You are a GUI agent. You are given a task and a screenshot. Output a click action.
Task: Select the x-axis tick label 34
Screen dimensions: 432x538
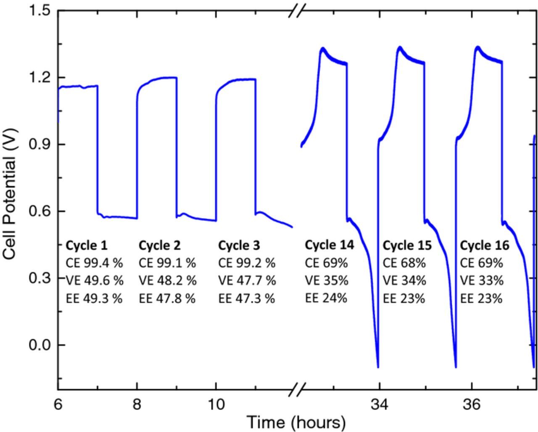(380, 404)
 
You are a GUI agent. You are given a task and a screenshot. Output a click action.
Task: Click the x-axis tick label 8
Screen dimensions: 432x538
(137, 404)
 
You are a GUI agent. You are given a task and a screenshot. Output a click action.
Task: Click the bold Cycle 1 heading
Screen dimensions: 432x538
(87, 245)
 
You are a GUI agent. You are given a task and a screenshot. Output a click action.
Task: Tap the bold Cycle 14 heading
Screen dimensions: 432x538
(330, 245)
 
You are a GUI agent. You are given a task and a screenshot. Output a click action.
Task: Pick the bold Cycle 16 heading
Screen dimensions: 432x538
(485, 245)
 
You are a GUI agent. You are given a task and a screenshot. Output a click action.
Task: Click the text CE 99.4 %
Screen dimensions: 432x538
(95, 263)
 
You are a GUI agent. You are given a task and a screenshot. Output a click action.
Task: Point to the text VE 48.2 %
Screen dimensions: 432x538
(167, 280)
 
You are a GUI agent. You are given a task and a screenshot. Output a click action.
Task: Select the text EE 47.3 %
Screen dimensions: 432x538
(247, 298)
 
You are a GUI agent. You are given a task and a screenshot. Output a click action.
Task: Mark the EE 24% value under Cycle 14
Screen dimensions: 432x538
(326, 298)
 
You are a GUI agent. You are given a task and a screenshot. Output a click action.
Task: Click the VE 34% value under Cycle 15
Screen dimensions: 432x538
(404, 280)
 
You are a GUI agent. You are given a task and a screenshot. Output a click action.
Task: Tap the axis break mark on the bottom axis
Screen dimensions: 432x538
(297, 389)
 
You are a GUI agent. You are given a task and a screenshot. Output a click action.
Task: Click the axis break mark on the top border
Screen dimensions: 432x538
(297, 10)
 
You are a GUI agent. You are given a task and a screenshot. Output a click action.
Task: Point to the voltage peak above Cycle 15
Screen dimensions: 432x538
(399, 47)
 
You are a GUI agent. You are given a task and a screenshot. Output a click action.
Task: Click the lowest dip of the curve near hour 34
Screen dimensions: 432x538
(378, 367)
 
